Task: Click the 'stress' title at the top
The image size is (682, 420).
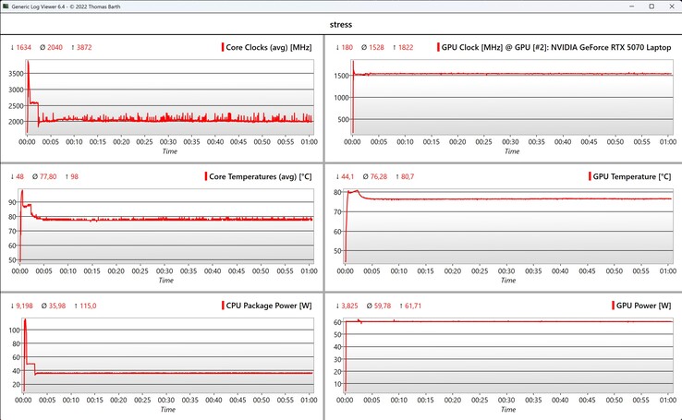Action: coord(341,24)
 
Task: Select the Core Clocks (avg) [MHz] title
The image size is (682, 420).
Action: coord(268,46)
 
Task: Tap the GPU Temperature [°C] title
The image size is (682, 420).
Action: coord(632,175)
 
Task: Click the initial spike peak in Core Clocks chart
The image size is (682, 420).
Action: coord(28,63)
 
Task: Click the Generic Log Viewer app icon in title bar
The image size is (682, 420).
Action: coord(6,6)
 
